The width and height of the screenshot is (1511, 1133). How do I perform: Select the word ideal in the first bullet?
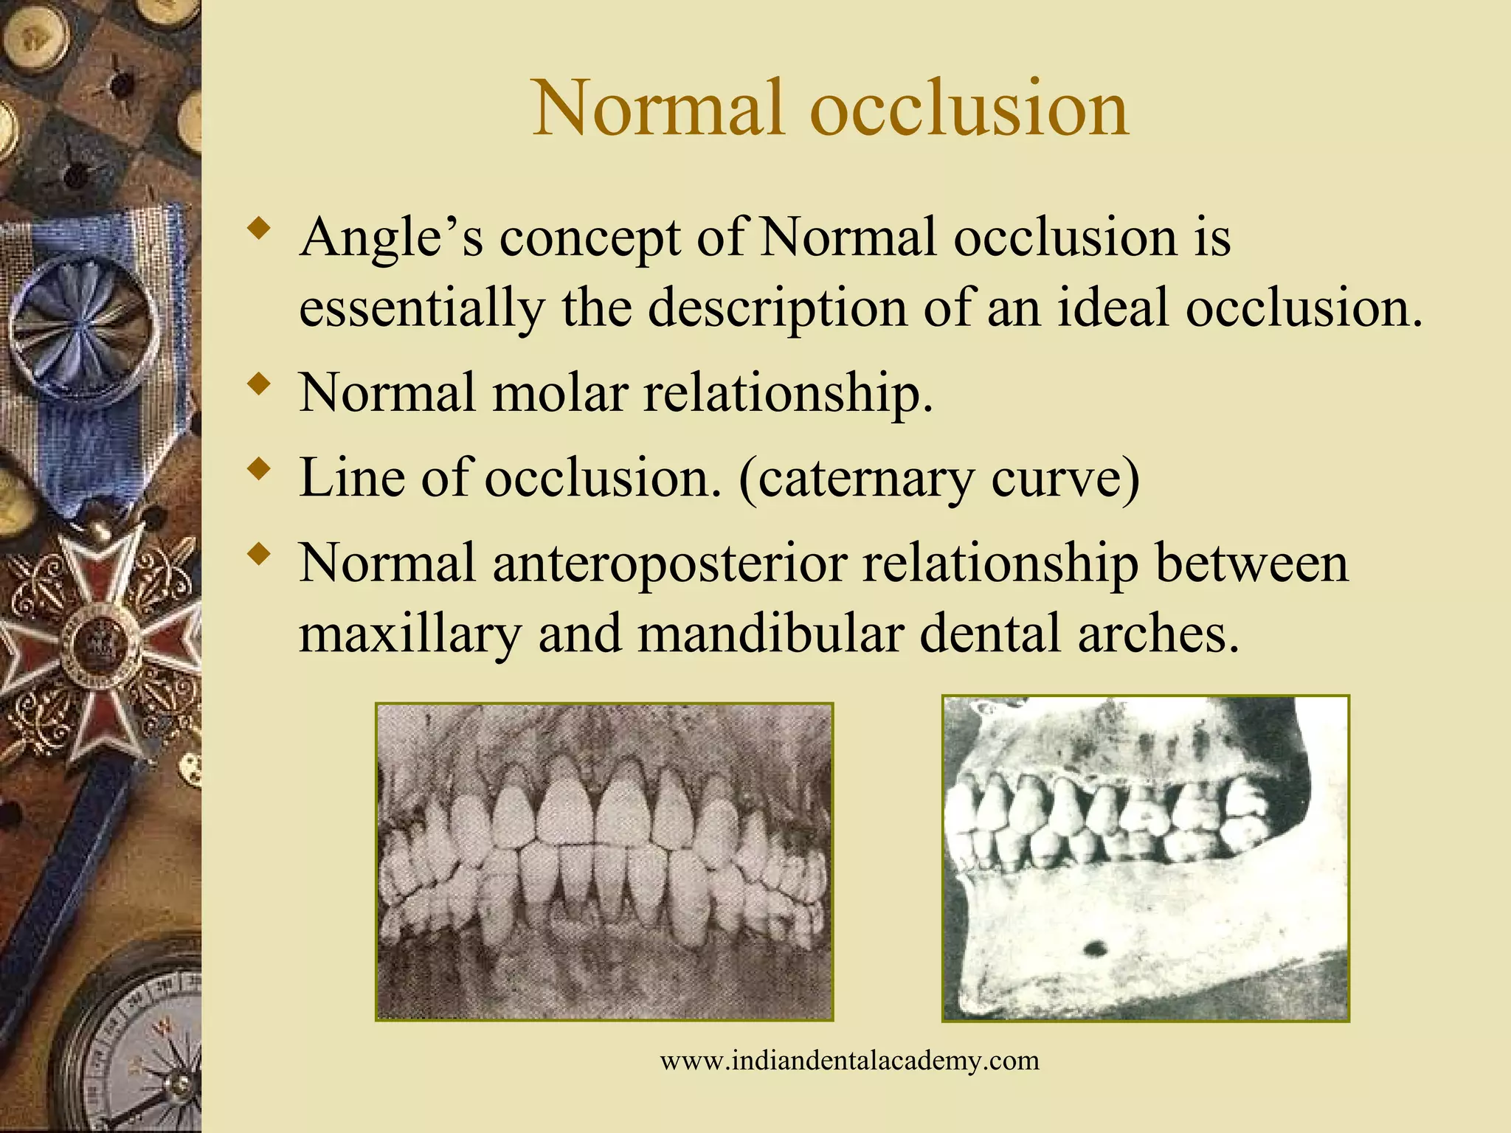pyautogui.click(x=1113, y=308)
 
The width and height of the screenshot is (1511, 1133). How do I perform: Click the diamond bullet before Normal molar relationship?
pyautogui.click(x=258, y=384)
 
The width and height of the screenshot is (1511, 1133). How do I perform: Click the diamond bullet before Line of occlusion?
pyautogui.click(x=258, y=470)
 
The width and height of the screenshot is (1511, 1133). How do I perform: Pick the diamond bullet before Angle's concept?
pyautogui.click(x=258, y=228)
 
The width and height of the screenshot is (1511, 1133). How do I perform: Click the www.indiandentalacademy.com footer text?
pyautogui.click(x=849, y=1061)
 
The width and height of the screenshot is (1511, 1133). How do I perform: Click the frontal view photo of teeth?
pyautogui.click(x=604, y=862)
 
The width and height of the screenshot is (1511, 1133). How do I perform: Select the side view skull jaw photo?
pyautogui.click(x=1145, y=859)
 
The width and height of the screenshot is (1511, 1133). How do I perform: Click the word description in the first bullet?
pyautogui.click(x=776, y=309)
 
